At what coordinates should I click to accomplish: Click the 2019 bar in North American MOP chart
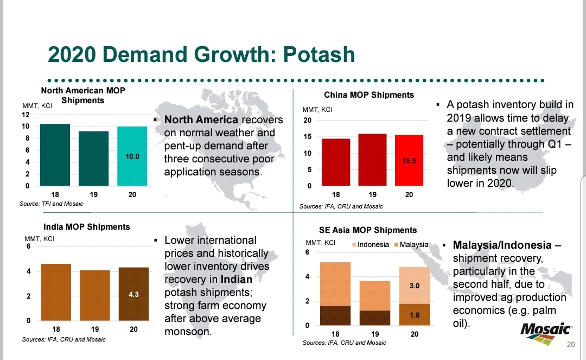pos(93,159)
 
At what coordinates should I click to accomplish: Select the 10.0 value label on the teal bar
pos(132,156)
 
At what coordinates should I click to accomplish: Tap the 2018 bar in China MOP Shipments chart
pos(336,162)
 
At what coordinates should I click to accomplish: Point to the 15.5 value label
pos(409,161)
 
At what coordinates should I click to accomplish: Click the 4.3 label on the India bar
pos(134,294)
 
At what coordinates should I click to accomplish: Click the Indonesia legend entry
pos(372,244)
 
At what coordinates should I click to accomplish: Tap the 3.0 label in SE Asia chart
pos(414,285)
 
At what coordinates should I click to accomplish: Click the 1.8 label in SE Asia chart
pos(414,314)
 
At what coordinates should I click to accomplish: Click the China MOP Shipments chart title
pos(369,95)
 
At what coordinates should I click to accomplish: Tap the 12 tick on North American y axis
pos(26,115)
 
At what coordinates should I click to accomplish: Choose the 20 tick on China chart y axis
pos(308,120)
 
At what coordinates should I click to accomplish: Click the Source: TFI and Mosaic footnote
pos(51,204)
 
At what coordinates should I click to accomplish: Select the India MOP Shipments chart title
pos(86,226)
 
